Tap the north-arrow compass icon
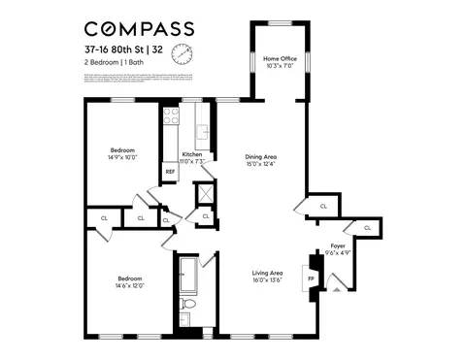point(182,52)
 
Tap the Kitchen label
point(192,155)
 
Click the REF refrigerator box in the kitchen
point(170,172)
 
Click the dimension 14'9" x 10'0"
point(122,157)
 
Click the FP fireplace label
point(311,278)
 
